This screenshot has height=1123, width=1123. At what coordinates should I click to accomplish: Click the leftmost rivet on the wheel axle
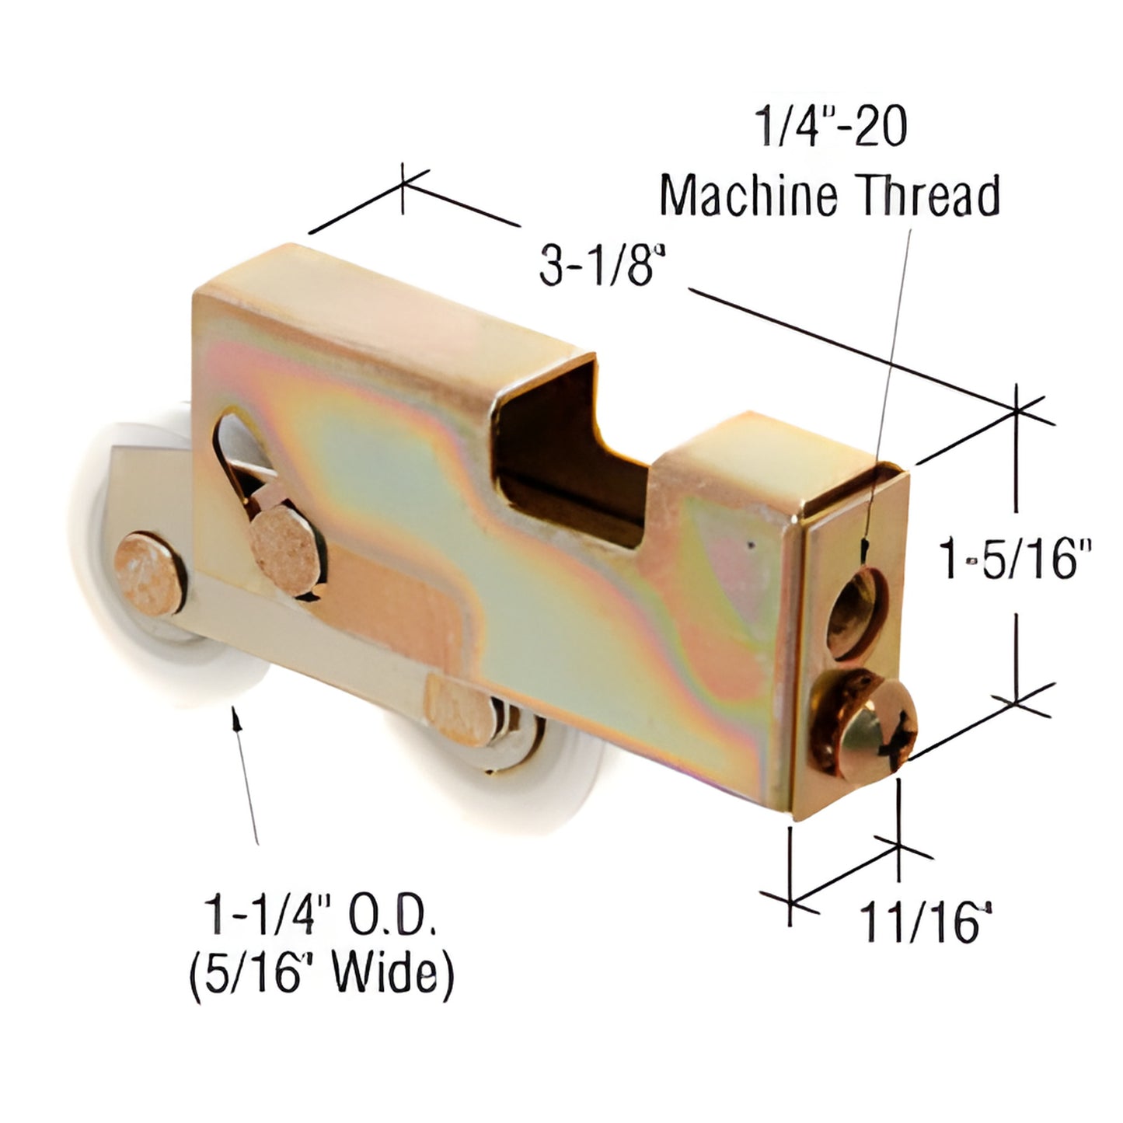[150, 574]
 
